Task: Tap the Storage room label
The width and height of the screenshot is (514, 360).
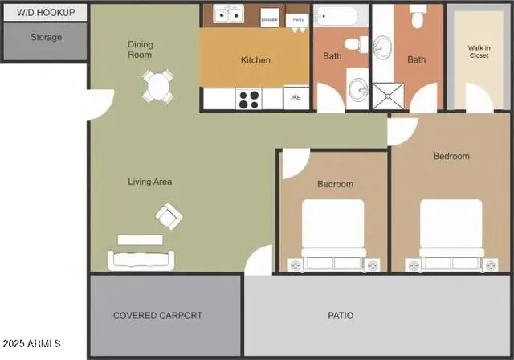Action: coord(46,37)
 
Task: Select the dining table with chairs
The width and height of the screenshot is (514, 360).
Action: coord(158,87)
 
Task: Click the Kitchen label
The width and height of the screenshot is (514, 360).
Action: coord(255,60)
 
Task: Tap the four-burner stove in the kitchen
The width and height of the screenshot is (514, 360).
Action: coord(249,99)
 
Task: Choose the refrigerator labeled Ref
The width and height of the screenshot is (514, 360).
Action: coord(295,98)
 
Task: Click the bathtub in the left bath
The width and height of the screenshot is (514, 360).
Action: coord(340,15)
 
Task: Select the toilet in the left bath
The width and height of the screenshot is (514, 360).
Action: coord(354,45)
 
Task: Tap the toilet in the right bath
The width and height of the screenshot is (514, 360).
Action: coord(418,14)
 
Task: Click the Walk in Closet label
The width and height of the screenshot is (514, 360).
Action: coord(479,53)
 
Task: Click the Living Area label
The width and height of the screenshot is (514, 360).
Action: coord(150,182)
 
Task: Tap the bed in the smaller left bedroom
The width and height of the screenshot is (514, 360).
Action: coord(332,233)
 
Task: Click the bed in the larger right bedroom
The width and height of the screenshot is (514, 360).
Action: coord(451,233)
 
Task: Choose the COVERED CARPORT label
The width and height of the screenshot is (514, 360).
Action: coord(157,316)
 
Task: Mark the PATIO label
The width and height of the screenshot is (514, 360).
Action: coord(341,316)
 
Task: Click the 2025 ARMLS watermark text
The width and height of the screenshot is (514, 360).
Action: coord(31,344)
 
